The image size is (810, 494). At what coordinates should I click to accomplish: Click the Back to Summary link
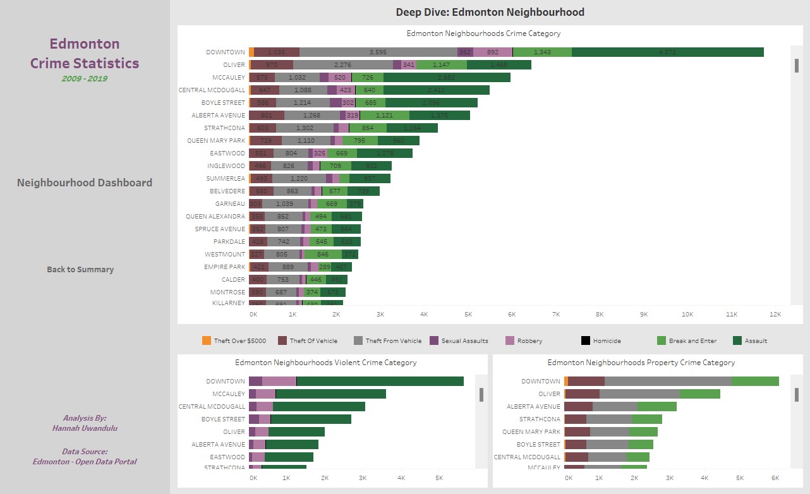(80, 269)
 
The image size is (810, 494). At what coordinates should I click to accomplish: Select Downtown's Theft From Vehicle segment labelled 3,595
(378, 52)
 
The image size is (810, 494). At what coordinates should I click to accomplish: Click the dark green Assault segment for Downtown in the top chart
(667, 52)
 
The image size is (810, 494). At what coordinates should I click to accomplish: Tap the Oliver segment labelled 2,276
(342, 64)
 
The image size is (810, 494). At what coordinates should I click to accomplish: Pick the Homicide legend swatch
(586, 340)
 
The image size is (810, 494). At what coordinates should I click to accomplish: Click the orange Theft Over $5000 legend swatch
(207, 340)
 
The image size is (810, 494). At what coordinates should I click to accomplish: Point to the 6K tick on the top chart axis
(512, 314)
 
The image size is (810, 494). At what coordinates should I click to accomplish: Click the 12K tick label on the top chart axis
(775, 314)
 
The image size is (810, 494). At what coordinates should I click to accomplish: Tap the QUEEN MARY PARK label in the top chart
(216, 140)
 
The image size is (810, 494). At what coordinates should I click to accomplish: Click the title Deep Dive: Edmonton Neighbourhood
(490, 12)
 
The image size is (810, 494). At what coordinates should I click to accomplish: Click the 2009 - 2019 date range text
(84, 79)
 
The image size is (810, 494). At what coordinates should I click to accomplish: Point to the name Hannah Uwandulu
(85, 428)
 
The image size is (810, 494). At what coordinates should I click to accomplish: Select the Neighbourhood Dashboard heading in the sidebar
(85, 183)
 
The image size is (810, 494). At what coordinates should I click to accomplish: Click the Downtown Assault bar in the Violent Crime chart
(380, 381)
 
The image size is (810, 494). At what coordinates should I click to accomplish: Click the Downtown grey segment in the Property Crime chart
(668, 381)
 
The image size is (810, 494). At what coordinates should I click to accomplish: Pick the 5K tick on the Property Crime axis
(740, 479)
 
